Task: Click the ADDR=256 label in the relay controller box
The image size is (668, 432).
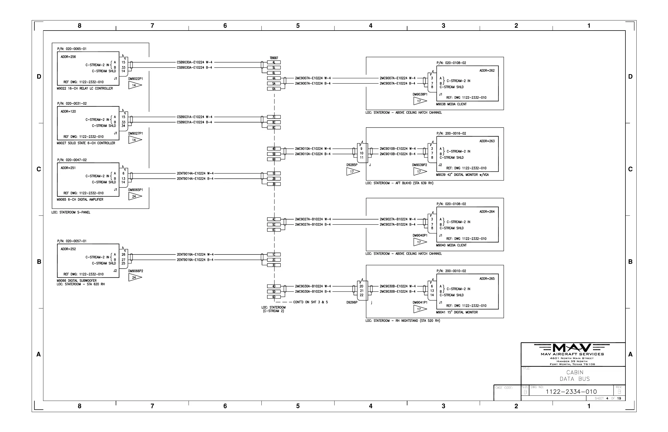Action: click(68, 57)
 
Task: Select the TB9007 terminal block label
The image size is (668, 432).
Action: click(274, 58)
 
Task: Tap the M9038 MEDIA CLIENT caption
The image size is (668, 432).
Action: click(451, 104)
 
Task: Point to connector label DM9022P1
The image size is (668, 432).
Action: click(136, 79)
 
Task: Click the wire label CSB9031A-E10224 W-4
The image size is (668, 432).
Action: click(194, 117)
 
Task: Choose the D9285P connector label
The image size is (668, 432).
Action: click(352, 165)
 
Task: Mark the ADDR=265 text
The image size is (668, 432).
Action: click(487, 278)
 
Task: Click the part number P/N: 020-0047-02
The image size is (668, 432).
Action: click(72, 160)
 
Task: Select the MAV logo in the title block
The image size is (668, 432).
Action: click(572, 348)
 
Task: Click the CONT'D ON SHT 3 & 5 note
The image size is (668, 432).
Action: click(310, 302)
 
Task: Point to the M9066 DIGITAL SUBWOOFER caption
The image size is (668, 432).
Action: click(77, 281)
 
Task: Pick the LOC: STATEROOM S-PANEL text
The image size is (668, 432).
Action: click(71, 212)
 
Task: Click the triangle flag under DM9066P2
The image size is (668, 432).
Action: click(135, 277)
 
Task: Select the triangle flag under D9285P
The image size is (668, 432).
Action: click(353, 172)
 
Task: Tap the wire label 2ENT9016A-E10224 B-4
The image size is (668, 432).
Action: click(195, 260)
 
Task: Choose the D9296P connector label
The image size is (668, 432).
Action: click(352, 302)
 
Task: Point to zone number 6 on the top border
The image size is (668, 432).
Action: click(225, 26)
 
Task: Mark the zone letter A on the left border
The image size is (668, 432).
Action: click(39, 354)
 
